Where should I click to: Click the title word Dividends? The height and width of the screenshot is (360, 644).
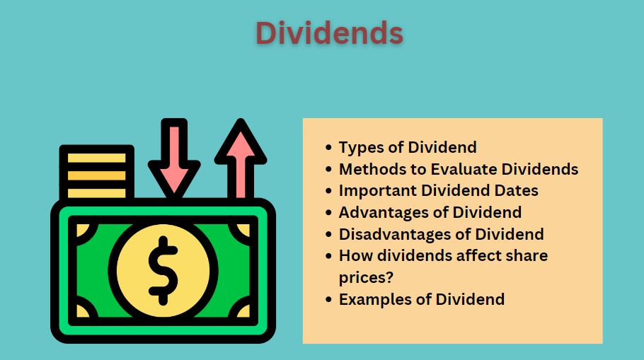329,33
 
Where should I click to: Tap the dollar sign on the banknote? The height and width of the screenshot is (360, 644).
163,269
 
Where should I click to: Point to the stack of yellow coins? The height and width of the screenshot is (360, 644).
96,171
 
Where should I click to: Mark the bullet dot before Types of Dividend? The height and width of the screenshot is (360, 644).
328,148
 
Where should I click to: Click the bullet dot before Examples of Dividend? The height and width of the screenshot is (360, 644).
328,299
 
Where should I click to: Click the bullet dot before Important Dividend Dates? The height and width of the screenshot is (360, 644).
328,191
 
